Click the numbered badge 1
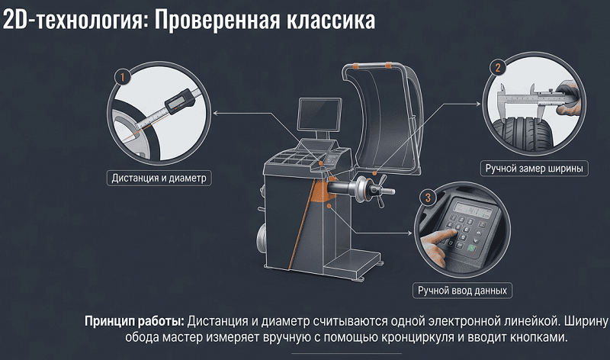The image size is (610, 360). (123, 77)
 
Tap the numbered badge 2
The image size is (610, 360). (498, 68)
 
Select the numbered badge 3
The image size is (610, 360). (428, 198)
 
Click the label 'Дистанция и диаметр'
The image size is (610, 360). (159, 178)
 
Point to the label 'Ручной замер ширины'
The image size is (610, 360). (535, 169)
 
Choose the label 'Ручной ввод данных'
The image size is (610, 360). (462, 291)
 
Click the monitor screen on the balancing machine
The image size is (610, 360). (319, 114)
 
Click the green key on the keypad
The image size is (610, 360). (471, 248)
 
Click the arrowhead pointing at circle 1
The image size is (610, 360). (215, 113)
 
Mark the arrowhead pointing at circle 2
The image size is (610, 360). (479, 104)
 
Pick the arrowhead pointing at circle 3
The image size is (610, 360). (409, 233)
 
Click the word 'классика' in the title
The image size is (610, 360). (331, 21)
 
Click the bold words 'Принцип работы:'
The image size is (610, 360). (134, 322)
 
